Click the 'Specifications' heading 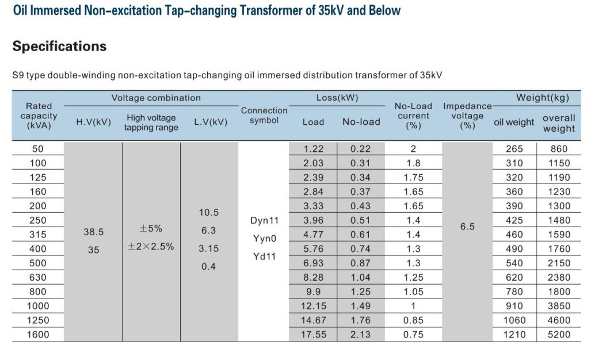coord(59,47)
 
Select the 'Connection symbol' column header coord(264,115)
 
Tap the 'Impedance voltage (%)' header coord(467,116)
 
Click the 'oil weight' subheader coord(514,122)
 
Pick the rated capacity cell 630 coord(38,277)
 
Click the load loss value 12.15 coord(314,306)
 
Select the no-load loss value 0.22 coord(361,149)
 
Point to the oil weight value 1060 coord(514,320)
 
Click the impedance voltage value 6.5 coord(467,227)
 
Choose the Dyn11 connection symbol coord(264,220)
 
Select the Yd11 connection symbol coord(264,256)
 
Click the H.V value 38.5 coord(93,232)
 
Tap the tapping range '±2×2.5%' coord(151,247)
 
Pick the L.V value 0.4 coord(208,267)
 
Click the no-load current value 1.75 coord(413,178)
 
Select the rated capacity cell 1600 coord(38,335)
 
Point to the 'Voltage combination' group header coord(156,98)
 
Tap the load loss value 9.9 coord(314,292)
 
